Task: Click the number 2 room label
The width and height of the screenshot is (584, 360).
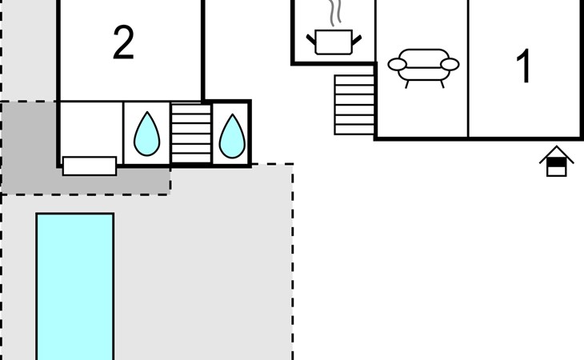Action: click(x=123, y=44)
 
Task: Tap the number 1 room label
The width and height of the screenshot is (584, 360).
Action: click(x=524, y=67)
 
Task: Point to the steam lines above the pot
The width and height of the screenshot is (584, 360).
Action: click(x=335, y=14)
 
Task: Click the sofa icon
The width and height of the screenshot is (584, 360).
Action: click(x=423, y=66)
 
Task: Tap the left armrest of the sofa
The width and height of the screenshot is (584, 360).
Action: click(x=397, y=64)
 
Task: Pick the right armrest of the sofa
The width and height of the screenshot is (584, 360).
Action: click(x=450, y=64)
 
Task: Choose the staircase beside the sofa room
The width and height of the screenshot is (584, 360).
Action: click(x=354, y=105)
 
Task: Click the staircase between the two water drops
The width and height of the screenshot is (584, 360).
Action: click(x=190, y=132)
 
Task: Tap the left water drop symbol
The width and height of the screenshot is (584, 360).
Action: click(x=146, y=134)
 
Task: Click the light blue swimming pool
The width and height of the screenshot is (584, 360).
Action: click(x=75, y=288)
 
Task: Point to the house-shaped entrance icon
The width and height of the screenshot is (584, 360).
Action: click(x=557, y=162)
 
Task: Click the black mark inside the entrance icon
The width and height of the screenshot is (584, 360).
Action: click(x=557, y=163)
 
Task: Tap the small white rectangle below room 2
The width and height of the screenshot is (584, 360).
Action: click(x=90, y=166)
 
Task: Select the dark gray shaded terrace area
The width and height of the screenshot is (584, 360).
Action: click(x=28, y=148)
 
